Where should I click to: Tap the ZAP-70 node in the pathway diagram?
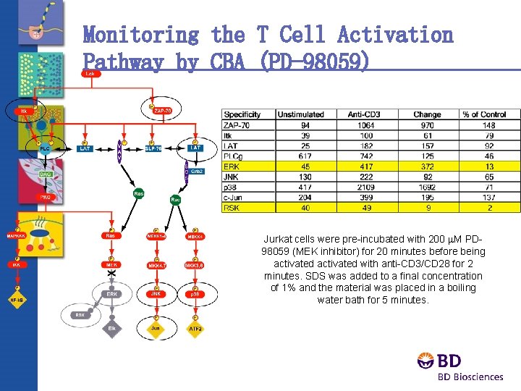pyautogui.click(x=163, y=110)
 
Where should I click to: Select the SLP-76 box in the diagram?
pyautogui.click(x=153, y=148)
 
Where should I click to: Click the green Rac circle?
pyautogui.click(x=175, y=198)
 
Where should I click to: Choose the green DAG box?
pyautogui.click(x=45, y=175)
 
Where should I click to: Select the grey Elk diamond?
pyautogui.click(x=112, y=329)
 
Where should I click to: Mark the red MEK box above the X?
pyautogui.click(x=112, y=265)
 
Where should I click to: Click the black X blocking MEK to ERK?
pyautogui.click(x=112, y=279)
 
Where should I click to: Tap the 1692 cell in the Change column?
pyautogui.click(x=427, y=187)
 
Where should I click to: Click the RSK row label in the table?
pyautogui.click(x=232, y=207)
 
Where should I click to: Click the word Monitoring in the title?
pyautogui.click(x=140, y=34)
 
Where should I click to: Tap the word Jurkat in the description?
pyautogui.click(x=278, y=239)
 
